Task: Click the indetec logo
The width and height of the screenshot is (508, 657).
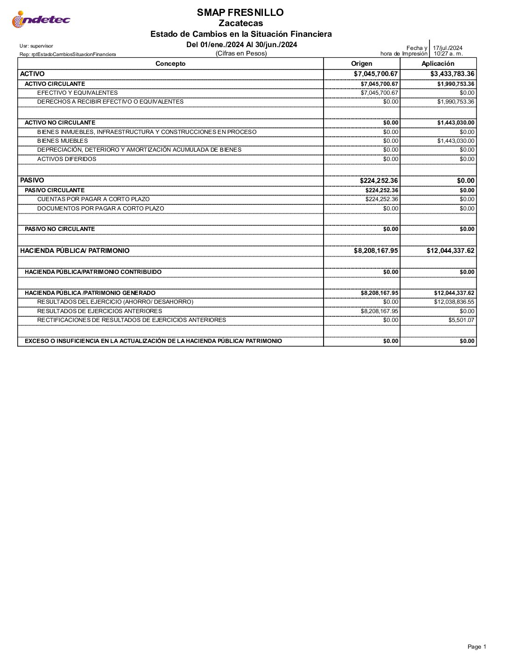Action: tap(41, 20)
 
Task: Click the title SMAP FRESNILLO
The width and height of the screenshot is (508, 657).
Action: tap(240, 13)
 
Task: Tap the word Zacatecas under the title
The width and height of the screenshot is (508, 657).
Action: tap(240, 23)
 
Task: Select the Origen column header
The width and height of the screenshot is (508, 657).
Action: tap(361, 63)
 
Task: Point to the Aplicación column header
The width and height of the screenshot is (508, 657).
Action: tap(437, 63)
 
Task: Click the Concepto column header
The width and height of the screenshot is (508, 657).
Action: tap(170, 63)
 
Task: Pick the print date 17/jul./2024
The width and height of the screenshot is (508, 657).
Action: tap(447, 48)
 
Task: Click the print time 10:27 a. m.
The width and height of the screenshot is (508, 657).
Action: tap(448, 54)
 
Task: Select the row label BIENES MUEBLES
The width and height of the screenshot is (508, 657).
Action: tap(63, 141)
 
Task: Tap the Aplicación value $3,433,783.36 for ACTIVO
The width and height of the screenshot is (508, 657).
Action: tap(452, 74)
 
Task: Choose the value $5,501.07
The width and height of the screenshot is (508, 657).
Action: tap(461, 320)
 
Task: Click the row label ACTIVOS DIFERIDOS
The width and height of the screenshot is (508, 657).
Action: tap(67, 159)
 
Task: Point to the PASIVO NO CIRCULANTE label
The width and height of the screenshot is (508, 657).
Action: tap(60, 229)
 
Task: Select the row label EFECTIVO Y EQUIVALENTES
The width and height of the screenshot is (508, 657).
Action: tap(78, 93)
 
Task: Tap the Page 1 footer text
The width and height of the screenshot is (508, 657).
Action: tap(477, 647)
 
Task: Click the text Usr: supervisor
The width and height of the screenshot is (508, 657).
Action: tap(36, 46)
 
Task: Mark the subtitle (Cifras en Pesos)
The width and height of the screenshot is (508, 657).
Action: tap(241, 54)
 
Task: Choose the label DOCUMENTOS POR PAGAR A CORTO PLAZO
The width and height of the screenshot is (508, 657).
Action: tap(100, 209)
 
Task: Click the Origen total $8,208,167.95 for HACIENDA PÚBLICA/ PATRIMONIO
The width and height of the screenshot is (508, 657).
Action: tap(376, 251)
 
